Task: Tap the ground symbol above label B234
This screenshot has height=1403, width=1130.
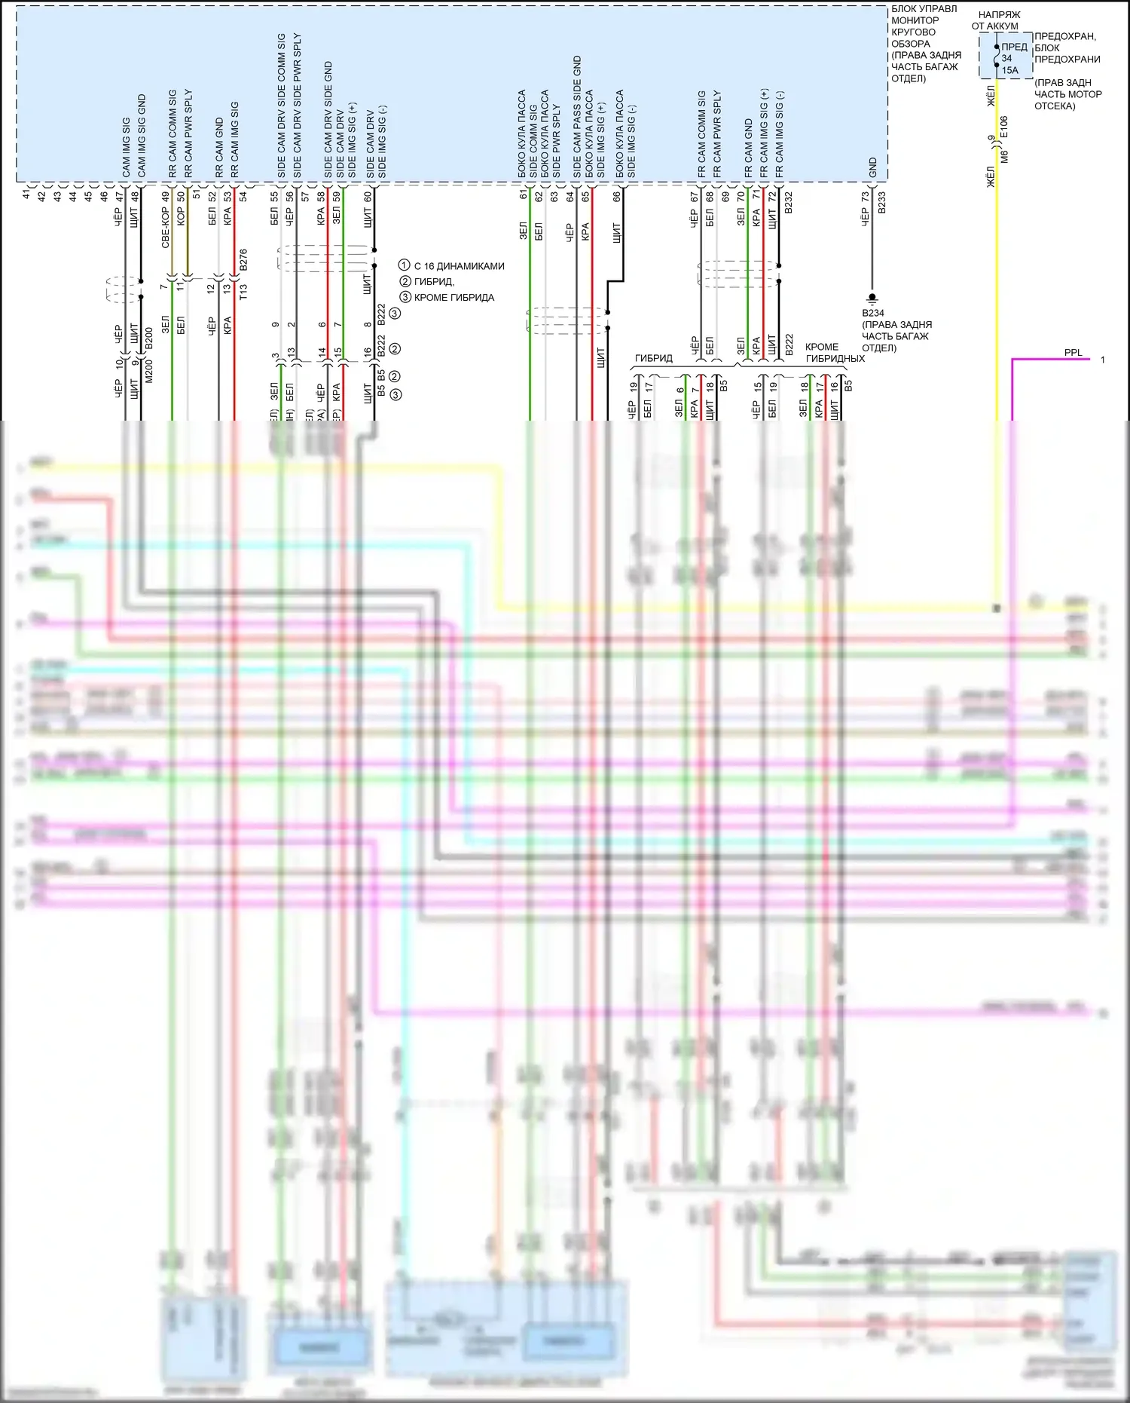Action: point(872,299)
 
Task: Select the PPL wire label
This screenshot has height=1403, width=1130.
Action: point(1073,352)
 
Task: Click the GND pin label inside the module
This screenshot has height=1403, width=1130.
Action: point(872,167)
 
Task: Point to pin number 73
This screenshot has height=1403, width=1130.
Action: point(866,196)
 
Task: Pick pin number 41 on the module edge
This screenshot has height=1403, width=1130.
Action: point(26,194)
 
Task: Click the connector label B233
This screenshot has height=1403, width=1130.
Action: point(881,202)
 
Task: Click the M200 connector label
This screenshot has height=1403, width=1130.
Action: point(149,370)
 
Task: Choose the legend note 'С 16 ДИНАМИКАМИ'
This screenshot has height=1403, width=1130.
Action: point(459,266)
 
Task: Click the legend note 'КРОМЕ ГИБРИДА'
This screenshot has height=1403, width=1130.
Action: point(454,297)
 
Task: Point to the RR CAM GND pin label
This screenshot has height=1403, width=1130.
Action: point(219,148)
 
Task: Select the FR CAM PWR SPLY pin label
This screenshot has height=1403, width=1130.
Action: point(716,134)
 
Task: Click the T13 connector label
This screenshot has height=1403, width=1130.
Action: point(243,291)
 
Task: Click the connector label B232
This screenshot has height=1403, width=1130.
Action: point(789,202)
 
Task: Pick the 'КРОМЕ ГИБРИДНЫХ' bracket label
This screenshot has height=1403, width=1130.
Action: point(835,353)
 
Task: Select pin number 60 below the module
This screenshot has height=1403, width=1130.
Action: point(368,196)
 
